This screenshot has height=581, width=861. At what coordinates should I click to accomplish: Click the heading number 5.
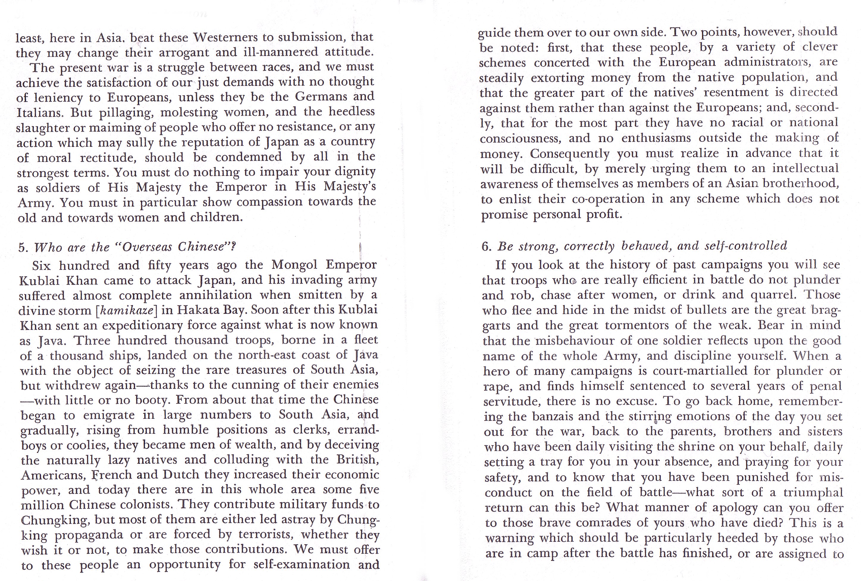23,247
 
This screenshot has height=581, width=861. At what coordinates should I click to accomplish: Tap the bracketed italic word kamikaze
126,310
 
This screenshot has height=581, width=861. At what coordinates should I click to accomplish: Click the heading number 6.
486,247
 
